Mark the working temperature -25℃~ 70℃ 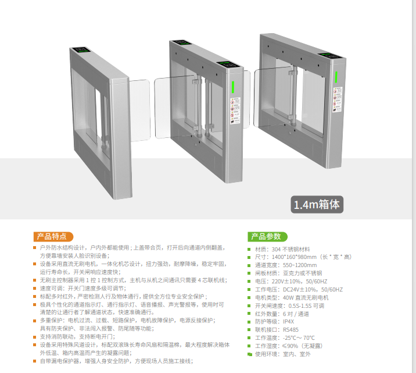point(302,338)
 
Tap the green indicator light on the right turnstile point(336,76)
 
